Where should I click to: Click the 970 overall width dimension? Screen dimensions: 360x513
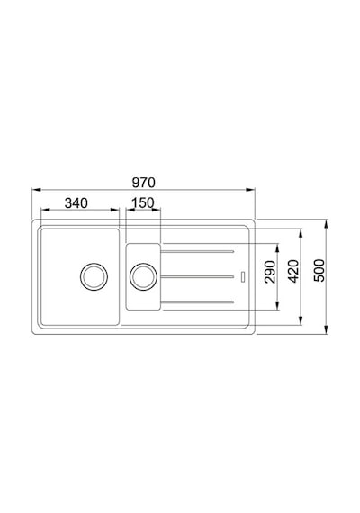click(x=144, y=183)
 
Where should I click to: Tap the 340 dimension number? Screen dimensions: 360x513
click(x=76, y=203)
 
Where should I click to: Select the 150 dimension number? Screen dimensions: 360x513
click(x=143, y=203)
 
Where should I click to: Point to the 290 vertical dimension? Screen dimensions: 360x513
click(x=270, y=272)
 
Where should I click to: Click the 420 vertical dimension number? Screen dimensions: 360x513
click(x=293, y=271)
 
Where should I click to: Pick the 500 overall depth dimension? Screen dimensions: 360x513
click(x=319, y=271)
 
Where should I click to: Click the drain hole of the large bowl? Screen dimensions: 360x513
click(x=94, y=276)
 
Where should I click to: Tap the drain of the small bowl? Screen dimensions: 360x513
click(x=143, y=276)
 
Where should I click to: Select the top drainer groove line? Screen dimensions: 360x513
click(x=197, y=252)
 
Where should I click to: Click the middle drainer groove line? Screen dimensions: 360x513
click(x=197, y=277)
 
